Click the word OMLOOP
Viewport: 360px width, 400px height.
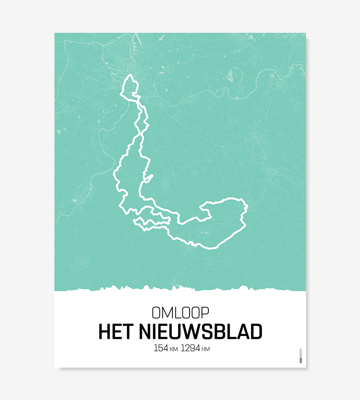point(180,313)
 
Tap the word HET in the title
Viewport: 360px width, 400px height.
point(116,332)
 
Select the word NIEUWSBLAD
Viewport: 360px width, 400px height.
point(201,332)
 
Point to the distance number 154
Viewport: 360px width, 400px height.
point(161,348)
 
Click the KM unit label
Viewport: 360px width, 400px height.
point(173,350)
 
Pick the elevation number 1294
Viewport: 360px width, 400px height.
point(190,348)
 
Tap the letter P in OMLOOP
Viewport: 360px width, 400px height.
point(205,313)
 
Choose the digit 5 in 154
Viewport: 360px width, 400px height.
point(160,348)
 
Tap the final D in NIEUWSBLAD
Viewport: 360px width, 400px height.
point(256,332)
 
